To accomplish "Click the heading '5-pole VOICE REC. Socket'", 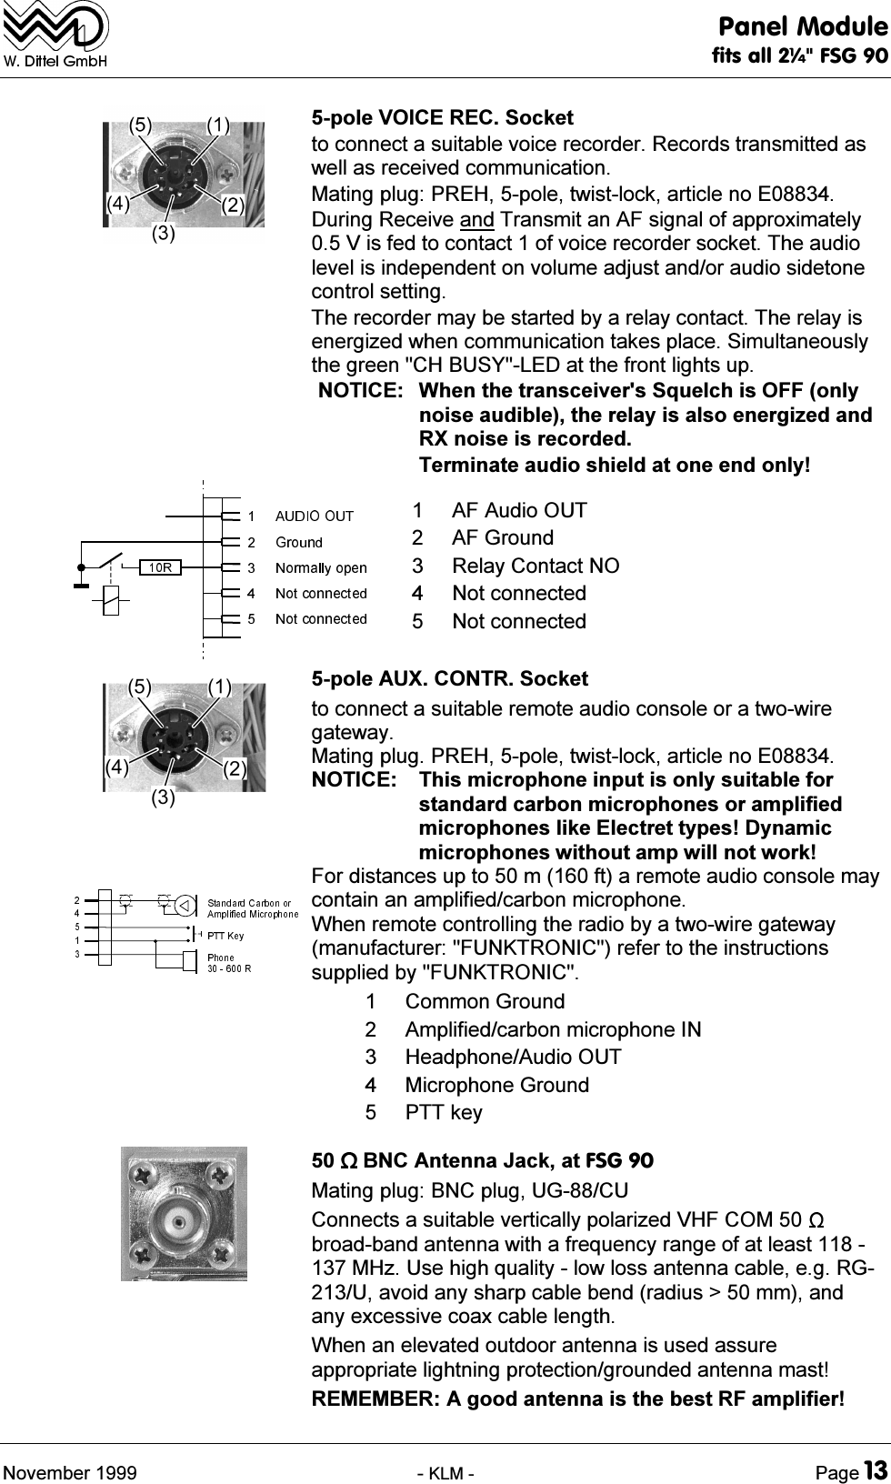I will click(442, 118).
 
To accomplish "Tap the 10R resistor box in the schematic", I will click(161, 567).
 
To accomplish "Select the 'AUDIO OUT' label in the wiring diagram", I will click(314, 516).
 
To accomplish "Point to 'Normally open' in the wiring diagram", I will click(321, 568).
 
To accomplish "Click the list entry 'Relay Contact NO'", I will click(536, 566).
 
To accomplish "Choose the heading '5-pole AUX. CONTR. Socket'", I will click(449, 679).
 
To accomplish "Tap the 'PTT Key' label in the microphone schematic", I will click(226, 935).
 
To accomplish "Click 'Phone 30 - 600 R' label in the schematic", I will click(229, 962).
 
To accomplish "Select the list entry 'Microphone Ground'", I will click(496, 1085).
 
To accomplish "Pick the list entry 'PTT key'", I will click(444, 1113).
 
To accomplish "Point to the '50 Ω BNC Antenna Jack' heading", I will click(482, 1161).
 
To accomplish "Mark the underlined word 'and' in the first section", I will click(477, 220).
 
